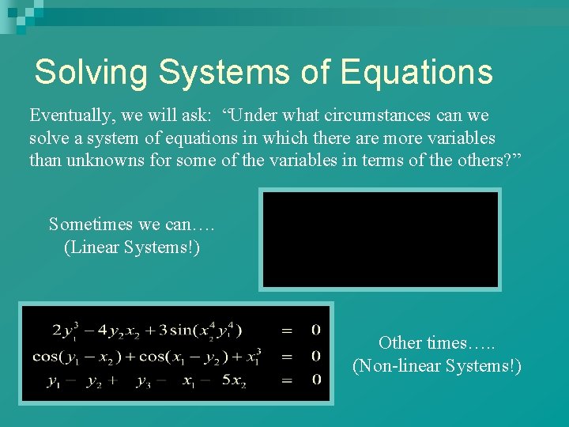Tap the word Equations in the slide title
[416, 72]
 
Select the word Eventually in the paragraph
[70, 115]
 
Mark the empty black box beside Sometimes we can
[381, 240]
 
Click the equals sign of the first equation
[286, 329]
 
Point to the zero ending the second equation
[315, 355]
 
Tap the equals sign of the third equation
[286, 380]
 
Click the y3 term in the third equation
[143, 380]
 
